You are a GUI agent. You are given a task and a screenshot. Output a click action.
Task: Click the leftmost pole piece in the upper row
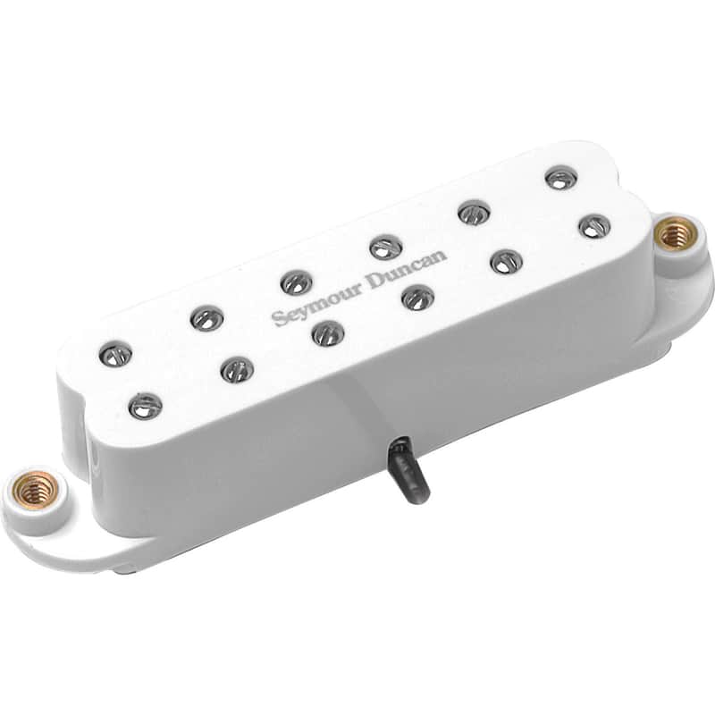click(x=115, y=356)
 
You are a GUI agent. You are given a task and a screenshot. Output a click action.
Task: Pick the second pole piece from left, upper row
click(x=206, y=318)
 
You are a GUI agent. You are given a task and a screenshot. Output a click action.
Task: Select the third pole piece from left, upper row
click(x=296, y=282)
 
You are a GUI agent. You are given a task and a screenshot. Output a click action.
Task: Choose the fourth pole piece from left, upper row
click(x=385, y=247)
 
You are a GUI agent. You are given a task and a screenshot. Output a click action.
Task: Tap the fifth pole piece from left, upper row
click(x=474, y=212)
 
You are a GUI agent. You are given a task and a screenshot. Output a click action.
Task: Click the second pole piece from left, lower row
click(x=237, y=369)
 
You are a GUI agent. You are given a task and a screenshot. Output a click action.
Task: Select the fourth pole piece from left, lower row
click(x=417, y=297)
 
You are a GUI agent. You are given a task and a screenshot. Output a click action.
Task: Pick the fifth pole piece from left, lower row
click(x=507, y=261)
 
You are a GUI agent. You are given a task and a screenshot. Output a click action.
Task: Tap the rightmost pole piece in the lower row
click(x=593, y=225)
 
